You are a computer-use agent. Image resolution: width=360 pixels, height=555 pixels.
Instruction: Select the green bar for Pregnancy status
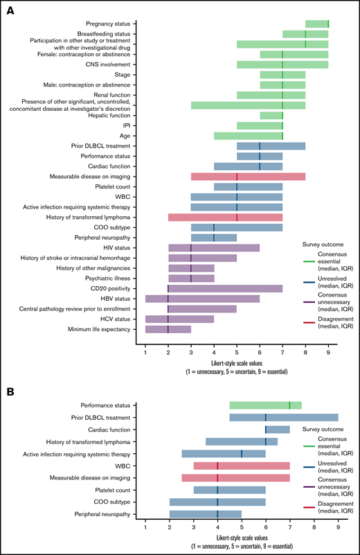pyautogui.click(x=317, y=24)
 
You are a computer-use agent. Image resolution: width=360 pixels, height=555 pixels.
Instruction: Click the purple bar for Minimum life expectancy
pyautogui.click(x=168, y=329)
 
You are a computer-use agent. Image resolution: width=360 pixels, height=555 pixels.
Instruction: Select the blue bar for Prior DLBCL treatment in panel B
pyautogui.click(x=284, y=417)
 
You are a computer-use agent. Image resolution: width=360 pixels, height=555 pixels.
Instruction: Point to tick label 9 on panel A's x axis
pyautogui.click(x=328, y=355)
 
